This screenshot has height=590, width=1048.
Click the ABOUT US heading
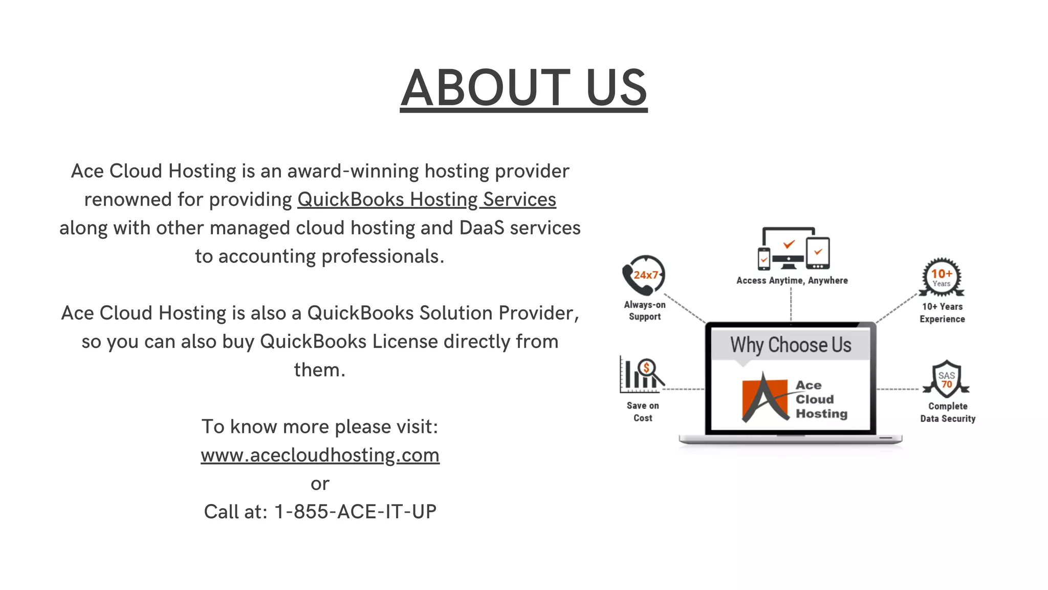(x=523, y=88)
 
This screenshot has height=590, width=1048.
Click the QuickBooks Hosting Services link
(x=426, y=199)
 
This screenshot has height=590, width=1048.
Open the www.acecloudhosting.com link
(x=320, y=455)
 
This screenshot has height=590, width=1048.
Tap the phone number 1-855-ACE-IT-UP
(x=355, y=512)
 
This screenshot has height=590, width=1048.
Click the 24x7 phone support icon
(x=643, y=275)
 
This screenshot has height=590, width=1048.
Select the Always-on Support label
(x=645, y=310)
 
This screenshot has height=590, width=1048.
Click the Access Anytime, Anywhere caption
(x=792, y=280)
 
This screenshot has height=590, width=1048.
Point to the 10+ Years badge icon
(x=942, y=277)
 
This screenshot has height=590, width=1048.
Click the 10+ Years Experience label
(x=942, y=312)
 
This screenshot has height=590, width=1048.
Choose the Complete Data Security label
(x=948, y=412)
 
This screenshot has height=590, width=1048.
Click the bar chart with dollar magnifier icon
(x=641, y=374)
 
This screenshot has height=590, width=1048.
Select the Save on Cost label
(x=643, y=411)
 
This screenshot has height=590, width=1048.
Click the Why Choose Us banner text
(x=791, y=345)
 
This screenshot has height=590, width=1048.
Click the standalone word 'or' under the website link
(x=320, y=483)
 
